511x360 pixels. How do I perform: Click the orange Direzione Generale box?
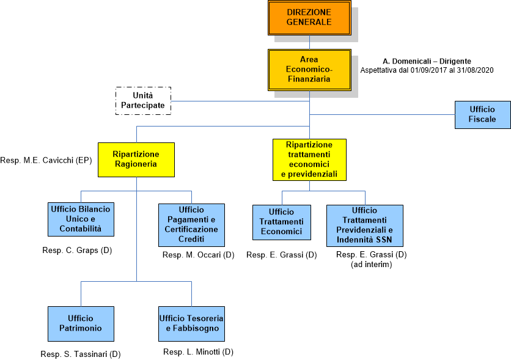tap(309, 17)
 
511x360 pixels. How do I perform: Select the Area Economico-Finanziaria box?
tap(309, 69)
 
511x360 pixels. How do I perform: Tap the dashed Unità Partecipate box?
tap(143, 101)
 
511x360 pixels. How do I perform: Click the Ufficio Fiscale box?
tap(482, 114)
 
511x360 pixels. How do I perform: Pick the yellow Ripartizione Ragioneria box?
tap(136, 160)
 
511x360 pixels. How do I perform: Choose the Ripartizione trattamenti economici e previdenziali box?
tap(309, 160)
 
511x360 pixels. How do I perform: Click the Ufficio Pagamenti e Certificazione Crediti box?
tap(191, 224)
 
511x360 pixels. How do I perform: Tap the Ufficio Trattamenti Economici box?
tap(282, 222)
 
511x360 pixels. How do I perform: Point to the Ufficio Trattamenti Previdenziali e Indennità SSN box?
tap(365, 224)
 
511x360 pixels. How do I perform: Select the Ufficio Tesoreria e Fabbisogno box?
tap(191, 323)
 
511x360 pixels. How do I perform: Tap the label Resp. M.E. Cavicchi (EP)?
tap(45, 161)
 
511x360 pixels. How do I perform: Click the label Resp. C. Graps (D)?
tap(77, 251)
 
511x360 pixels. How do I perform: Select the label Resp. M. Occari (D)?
tap(199, 254)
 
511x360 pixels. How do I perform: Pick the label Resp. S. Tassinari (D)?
tap(81, 354)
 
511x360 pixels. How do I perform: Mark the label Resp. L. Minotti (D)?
tap(199, 351)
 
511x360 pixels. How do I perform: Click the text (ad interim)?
tap(371, 264)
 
